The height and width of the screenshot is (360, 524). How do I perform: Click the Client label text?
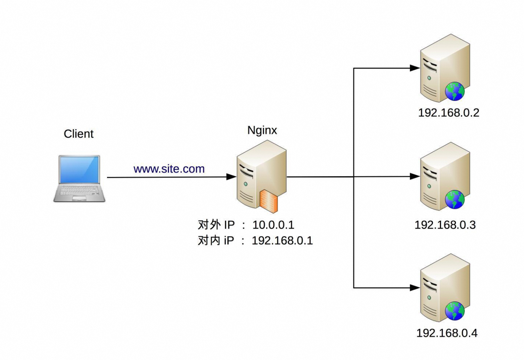79,134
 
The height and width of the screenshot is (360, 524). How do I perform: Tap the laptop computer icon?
79,179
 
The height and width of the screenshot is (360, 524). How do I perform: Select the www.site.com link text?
169,169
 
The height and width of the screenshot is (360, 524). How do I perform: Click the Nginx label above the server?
262,130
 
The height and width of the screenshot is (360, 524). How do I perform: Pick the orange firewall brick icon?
268,201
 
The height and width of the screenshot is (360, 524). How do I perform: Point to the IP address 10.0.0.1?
273,225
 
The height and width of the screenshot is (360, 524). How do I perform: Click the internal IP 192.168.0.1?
282,240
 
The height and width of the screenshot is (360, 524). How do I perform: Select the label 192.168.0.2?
448,113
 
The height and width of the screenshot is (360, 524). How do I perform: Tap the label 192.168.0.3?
445,225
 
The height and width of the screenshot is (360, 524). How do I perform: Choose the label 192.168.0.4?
447,333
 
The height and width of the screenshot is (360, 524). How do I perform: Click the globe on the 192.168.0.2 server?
455,91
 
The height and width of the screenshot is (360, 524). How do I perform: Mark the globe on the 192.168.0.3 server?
455,199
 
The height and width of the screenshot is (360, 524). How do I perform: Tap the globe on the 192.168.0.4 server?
455,311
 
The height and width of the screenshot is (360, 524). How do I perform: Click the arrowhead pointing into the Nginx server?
231,177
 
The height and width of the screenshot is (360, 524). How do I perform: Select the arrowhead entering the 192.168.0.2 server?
415,68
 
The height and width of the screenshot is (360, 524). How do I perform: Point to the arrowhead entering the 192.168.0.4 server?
415,288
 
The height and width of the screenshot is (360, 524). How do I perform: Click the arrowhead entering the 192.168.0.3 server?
415,177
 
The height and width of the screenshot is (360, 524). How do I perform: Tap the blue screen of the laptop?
79,169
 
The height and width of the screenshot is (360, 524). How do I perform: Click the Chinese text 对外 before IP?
209,225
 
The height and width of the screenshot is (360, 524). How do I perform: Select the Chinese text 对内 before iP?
209,240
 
